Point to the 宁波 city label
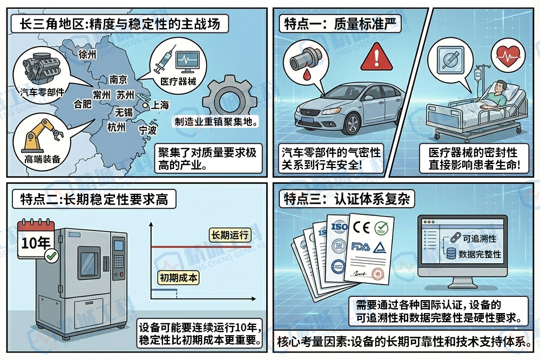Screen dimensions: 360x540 (147, 130)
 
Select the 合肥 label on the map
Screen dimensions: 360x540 (83, 104)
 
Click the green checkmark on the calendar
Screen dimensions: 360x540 (52, 256)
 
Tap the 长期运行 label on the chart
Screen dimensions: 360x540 (230, 235)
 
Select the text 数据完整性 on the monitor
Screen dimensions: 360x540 (480, 254)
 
